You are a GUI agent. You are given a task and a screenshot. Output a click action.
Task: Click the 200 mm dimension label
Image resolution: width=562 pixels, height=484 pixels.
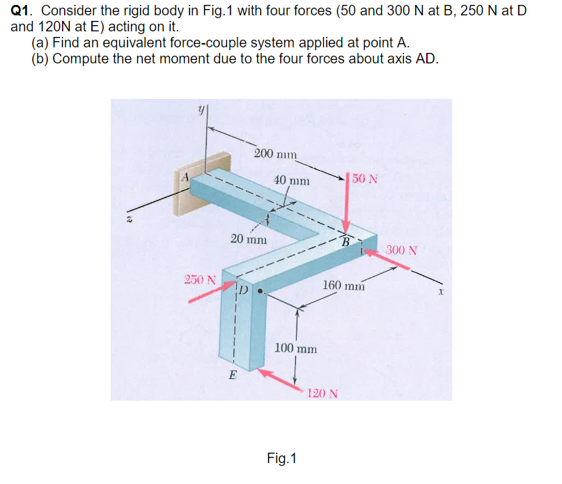tap(275, 153)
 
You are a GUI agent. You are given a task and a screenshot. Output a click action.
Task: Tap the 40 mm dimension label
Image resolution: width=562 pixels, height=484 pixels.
tap(292, 180)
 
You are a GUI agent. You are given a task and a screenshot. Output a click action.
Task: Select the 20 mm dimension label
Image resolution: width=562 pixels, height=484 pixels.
tap(248, 238)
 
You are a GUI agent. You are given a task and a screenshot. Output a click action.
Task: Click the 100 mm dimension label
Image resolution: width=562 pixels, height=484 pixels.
tap(296, 348)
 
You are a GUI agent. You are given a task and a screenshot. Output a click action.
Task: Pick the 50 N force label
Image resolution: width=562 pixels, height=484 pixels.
tap(365, 178)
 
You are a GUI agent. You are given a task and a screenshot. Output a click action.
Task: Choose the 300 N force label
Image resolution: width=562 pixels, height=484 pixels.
tap(402, 249)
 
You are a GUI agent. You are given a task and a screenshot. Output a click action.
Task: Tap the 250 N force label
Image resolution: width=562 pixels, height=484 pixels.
tap(199, 280)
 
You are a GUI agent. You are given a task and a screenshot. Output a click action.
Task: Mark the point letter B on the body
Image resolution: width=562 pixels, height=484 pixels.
tap(345, 242)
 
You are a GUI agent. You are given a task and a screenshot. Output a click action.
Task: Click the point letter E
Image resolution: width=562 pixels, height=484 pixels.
tap(233, 377)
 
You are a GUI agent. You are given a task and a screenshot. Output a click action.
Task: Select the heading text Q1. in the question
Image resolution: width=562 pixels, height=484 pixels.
tap(24, 12)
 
